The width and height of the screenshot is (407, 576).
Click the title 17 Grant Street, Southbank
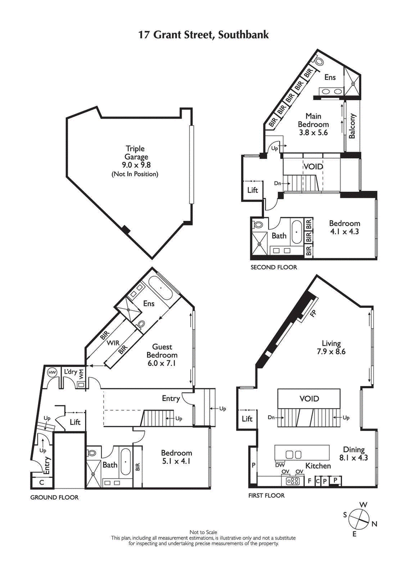tap(203, 35)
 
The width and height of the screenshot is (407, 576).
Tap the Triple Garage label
tap(135, 158)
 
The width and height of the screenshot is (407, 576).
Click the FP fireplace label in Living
tap(313, 313)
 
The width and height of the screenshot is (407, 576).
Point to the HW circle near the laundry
tap(51, 372)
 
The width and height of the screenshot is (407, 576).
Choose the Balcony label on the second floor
tap(352, 126)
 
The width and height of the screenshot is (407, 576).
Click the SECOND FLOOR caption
tap(273, 267)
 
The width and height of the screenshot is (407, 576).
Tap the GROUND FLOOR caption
tap(54, 497)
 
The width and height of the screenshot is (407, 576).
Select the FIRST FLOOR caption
tap(266, 495)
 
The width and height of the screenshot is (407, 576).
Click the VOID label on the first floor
tap(309, 398)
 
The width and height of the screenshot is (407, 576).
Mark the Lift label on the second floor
tap(252, 190)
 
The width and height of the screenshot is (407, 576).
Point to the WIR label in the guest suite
tap(113, 343)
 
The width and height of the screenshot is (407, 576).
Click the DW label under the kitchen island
tap(279, 465)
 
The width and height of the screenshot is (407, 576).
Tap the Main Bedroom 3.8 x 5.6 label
tap(313, 124)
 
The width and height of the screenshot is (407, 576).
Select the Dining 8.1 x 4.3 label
tap(356, 453)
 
